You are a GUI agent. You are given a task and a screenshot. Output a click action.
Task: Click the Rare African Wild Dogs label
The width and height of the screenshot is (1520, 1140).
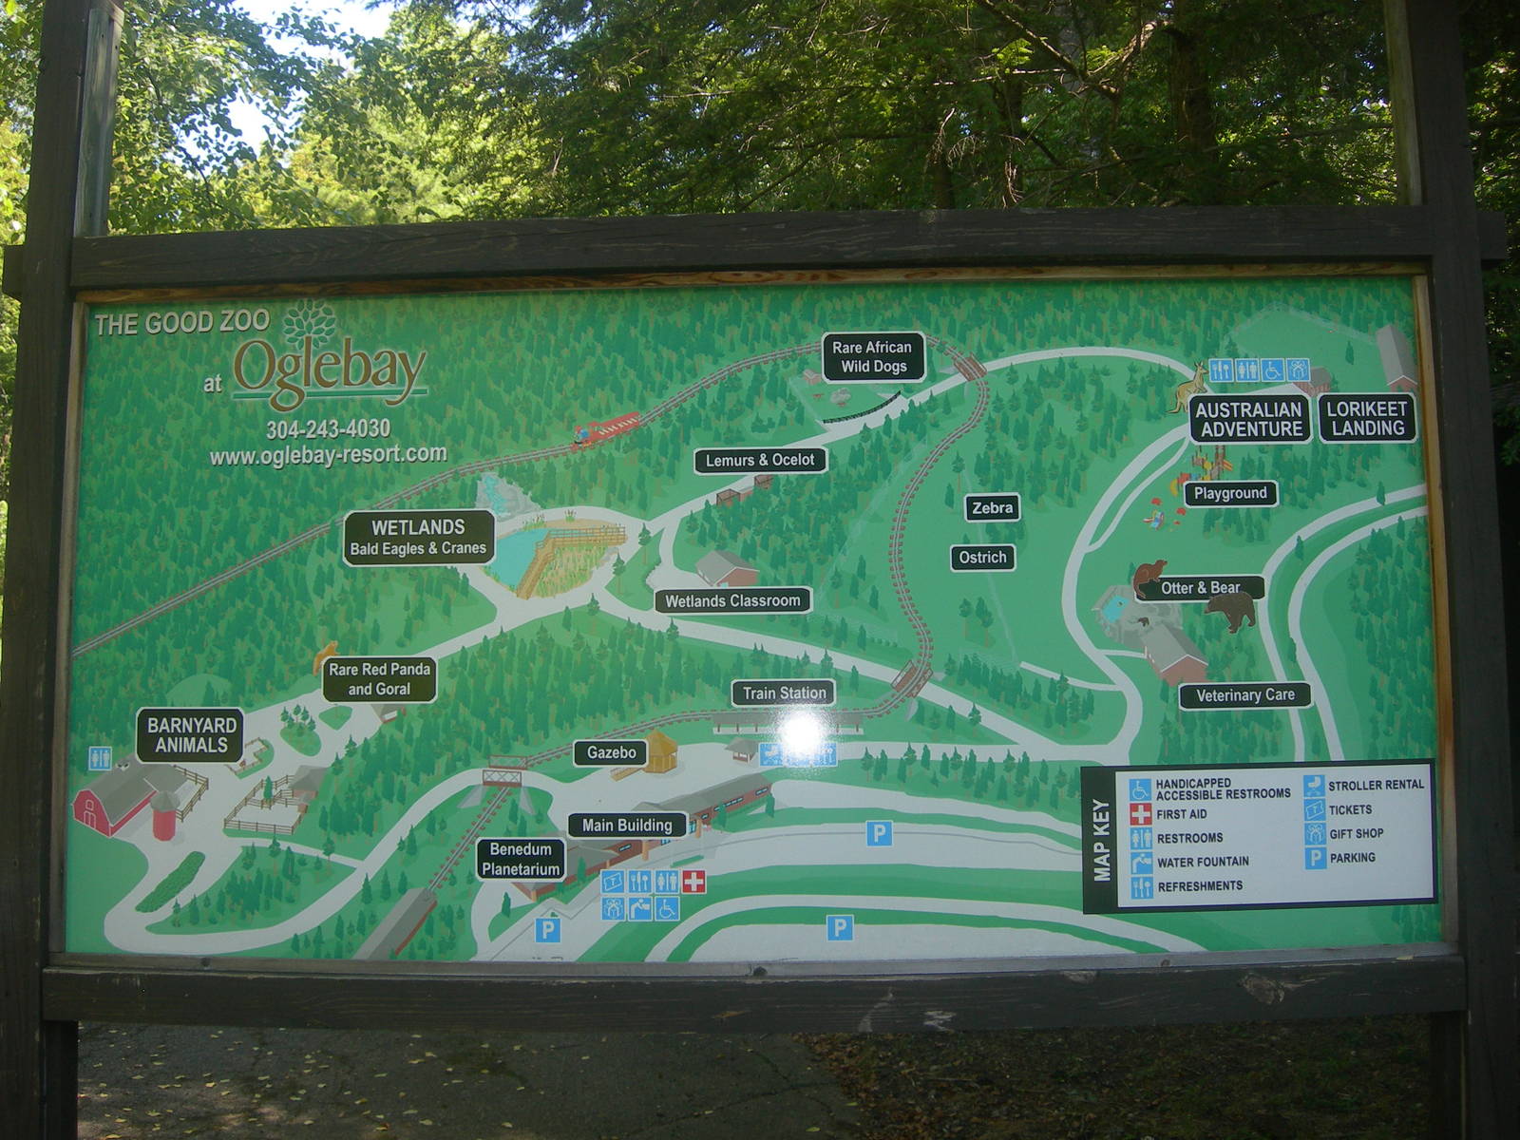(872, 357)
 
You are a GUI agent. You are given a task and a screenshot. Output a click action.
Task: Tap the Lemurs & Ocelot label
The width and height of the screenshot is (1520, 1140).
(760, 461)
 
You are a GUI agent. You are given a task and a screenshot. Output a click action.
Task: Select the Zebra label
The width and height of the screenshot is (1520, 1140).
(992, 508)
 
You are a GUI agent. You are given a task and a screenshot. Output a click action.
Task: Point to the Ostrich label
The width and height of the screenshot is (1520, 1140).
(982, 558)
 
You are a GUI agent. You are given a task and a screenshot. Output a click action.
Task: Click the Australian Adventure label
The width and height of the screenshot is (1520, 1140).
(1249, 419)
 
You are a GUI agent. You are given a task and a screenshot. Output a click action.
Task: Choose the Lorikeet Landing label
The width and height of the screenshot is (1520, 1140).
(1366, 419)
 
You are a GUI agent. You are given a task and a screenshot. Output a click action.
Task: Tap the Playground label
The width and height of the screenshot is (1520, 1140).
(1230, 493)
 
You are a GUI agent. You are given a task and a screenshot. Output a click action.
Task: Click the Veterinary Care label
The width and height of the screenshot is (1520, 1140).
(1244, 695)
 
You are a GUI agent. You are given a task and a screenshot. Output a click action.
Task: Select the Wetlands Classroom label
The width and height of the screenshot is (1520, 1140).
(732, 600)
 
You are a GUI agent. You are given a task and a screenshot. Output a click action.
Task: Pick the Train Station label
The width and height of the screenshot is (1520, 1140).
(784, 693)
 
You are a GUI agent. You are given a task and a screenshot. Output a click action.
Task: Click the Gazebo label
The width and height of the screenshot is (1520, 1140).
(611, 752)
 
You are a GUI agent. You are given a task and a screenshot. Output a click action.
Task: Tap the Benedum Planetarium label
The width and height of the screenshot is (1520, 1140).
(520, 859)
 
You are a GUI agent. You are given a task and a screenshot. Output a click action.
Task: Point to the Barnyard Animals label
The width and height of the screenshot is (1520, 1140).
(191, 735)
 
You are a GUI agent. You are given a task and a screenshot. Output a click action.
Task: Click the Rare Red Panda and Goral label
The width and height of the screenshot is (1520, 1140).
(379, 679)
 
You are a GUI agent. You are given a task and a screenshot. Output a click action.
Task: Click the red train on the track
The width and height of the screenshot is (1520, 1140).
(605, 429)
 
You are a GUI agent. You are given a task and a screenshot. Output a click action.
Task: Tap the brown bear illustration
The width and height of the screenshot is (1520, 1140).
(1232, 610)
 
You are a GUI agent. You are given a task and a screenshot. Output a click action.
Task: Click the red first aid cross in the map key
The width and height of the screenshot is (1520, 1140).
(1140, 814)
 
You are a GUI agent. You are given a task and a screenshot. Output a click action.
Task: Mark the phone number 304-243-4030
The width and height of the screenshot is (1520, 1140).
(328, 429)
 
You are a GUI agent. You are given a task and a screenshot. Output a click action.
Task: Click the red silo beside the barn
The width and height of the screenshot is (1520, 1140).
(163, 816)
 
